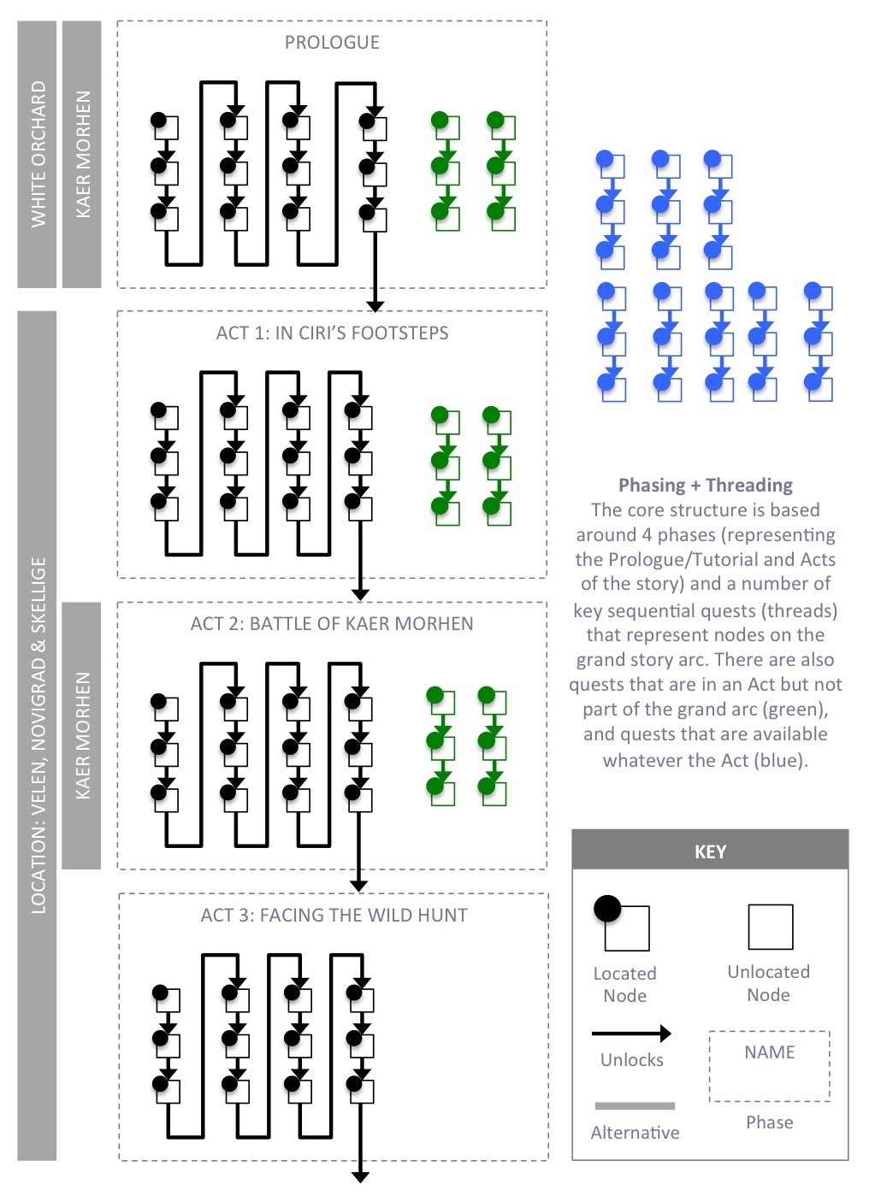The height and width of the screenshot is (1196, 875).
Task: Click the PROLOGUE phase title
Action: tap(332, 43)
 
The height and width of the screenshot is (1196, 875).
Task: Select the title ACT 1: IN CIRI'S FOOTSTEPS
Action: tap(332, 333)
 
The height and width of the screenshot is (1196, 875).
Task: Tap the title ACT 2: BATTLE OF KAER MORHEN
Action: tap(332, 624)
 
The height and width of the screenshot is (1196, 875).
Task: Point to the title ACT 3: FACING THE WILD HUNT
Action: tap(334, 916)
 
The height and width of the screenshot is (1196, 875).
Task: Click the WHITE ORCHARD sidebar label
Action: tap(38, 155)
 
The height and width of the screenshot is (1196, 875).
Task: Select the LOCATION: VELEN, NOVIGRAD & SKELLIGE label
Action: tap(38, 735)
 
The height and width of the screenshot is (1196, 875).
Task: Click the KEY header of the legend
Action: tap(710, 851)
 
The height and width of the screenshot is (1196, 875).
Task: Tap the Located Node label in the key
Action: tap(625, 984)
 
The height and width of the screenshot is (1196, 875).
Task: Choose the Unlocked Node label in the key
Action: tap(768, 983)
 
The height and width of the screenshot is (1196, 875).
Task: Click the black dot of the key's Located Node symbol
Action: tap(607, 908)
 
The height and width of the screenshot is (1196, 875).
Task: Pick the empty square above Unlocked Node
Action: tap(770, 927)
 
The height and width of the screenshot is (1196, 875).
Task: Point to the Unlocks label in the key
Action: tap(631, 1060)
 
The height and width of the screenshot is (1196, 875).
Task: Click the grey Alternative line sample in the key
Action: tap(635, 1105)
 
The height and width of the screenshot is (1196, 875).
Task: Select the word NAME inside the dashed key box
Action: tap(769, 1052)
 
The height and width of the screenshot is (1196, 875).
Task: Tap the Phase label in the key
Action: tap(769, 1122)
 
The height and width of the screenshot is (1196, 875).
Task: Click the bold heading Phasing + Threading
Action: tap(706, 486)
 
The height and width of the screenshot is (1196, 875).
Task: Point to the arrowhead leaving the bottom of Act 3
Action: tap(360, 1177)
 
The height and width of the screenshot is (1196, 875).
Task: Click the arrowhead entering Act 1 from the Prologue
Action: tap(375, 305)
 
